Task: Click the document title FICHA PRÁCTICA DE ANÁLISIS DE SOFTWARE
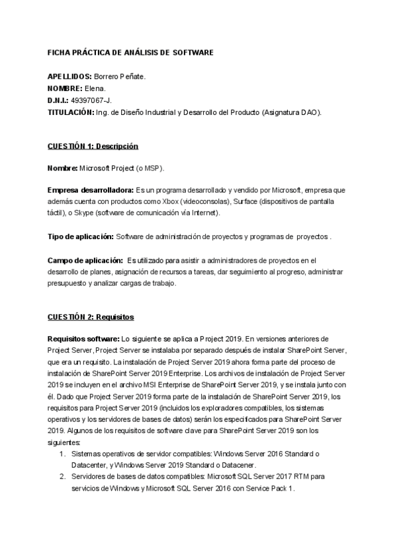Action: point(131,52)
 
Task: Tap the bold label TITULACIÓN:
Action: point(72,112)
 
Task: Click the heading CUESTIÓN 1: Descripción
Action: point(93,146)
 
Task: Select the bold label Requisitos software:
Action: point(83,338)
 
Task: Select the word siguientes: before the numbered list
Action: point(64,442)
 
